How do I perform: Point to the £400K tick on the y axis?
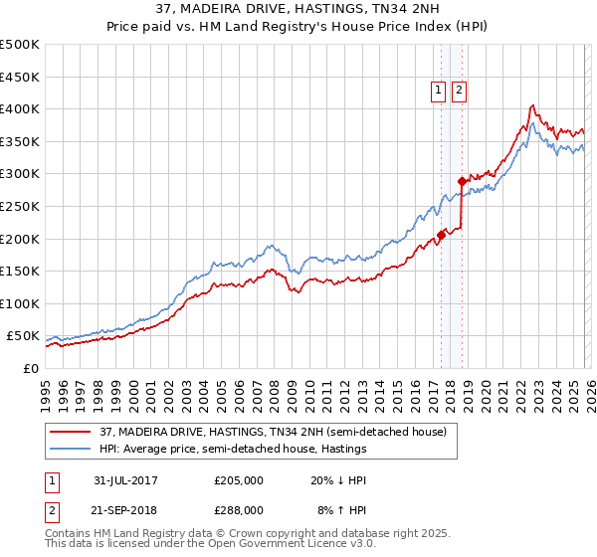tap(20, 108)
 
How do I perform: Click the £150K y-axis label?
tap(20, 271)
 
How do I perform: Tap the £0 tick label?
tap(30, 368)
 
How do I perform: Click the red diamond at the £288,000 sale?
tap(462, 181)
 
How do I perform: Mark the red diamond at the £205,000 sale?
tap(441, 236)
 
